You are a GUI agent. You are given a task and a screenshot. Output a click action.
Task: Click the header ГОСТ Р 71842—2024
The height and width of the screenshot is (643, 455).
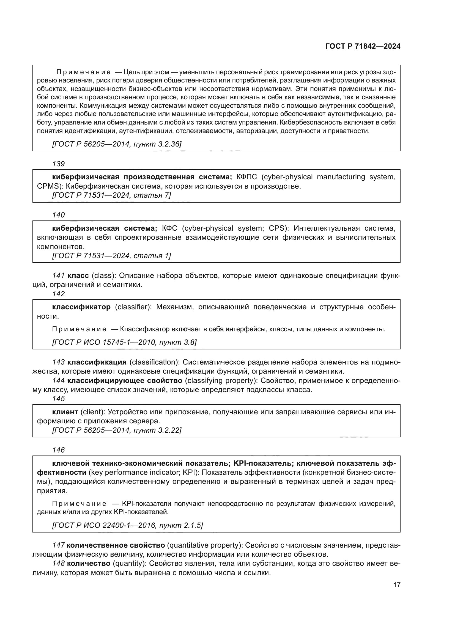pyautogui.click(x=363, y=46)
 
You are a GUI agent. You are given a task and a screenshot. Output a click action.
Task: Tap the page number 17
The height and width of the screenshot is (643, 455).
pyautogui.click(x=397, y=585)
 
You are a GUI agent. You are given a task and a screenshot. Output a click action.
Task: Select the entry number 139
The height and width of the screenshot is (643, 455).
pyautogui.click(x=59, y=164)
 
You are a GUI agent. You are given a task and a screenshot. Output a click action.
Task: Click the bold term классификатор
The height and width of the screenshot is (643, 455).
pyautogui.click(x=81, y=307)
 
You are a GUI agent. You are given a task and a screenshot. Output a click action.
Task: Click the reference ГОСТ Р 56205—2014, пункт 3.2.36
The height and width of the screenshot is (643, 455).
pyautogui.click(x=117, y=144)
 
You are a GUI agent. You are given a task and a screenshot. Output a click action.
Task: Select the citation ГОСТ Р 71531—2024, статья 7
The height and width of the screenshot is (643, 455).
pyautogui.click(x=111, y=195)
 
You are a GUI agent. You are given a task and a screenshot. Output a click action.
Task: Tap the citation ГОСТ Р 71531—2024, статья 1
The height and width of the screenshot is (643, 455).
pyautogui.click(x=111, y=256)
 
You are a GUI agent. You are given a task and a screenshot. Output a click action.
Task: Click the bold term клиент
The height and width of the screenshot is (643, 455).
pyautogui.click(x=65, y=412)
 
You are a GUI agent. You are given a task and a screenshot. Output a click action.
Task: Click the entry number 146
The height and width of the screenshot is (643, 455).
pyautogui.click(x=59, y=450)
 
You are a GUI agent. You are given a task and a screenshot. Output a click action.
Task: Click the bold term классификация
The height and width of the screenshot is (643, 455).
pyautogui.click(x=97, y=362)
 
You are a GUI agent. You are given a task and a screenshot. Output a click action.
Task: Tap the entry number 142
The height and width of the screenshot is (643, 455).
pyautogui.click(x=59, y=294)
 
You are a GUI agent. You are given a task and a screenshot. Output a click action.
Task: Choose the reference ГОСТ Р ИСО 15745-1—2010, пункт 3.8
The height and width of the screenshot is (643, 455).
pyautogui.click(x=124, y=342)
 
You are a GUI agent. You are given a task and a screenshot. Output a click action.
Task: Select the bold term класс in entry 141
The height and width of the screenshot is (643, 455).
pyautogui.click(x=78, y=275)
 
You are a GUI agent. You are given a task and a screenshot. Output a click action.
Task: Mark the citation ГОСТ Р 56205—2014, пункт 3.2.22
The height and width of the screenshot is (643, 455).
pyautogui.click(x=117, y=430)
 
